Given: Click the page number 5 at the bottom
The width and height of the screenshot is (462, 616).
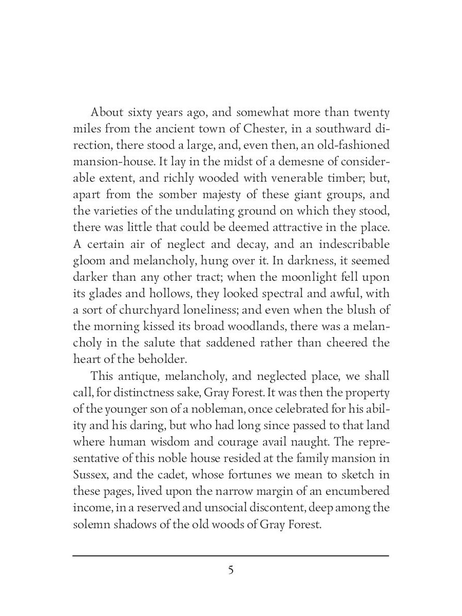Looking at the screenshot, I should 231,570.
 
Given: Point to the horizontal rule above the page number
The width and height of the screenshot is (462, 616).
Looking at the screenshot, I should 231,555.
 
